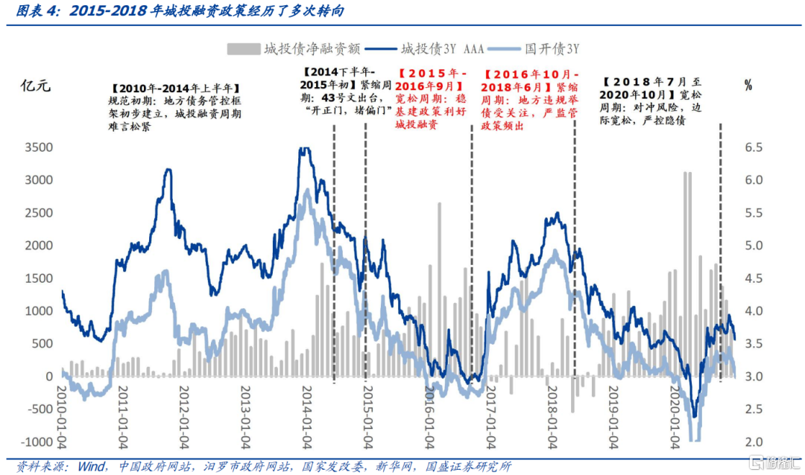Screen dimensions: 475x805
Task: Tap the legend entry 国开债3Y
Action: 552,49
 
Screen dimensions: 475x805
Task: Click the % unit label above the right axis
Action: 748,85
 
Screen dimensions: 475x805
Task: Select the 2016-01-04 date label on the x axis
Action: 428,417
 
